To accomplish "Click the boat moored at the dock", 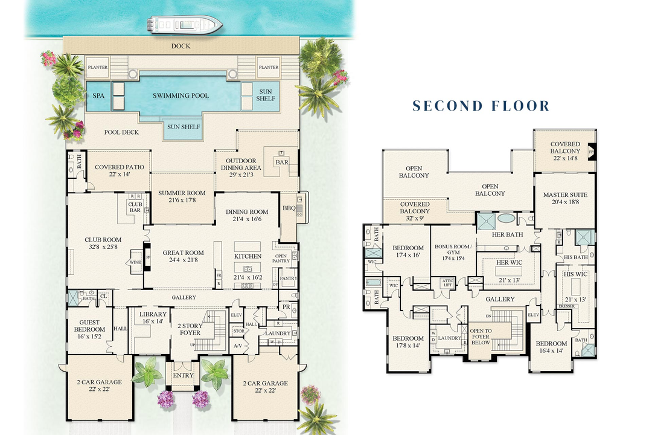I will [x=184, y=25].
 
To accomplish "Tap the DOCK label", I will [x=181, y=46].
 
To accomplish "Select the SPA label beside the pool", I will [x=98, y=95].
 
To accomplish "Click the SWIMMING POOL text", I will [x=181, y=95].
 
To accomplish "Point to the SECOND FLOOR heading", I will [x=481, y=106].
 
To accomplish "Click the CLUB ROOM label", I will [x=103, y=240].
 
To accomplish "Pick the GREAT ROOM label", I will [x=183, y=253].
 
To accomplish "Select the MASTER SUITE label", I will [x=565, y=195].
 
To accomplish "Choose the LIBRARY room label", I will [x=152, y=314].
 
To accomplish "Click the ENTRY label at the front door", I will [x=183, y=375].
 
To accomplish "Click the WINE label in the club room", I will [x=134, y=263].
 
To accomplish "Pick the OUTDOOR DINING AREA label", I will [x=240, y=164].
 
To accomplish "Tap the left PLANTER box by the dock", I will [x=98, y=68].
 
